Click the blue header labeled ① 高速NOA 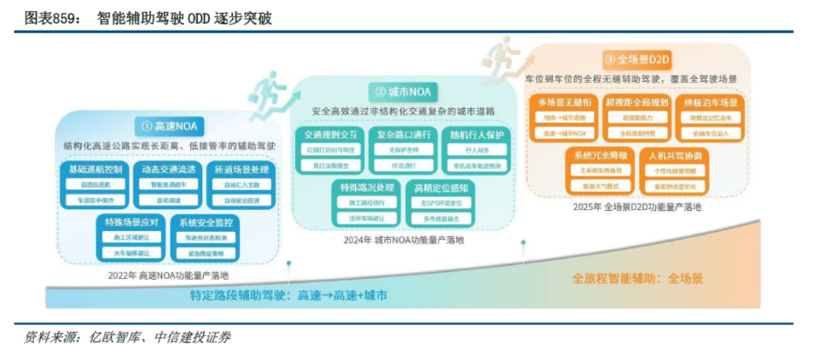click(167, 125)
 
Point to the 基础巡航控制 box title click(91, 170)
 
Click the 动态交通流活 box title click(166, 170)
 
